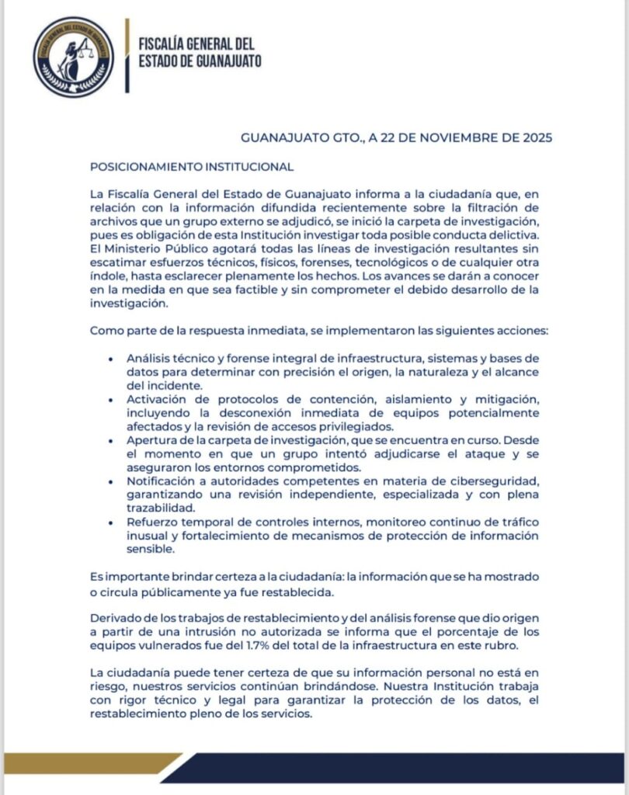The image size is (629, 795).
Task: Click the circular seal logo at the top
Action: point(73,57)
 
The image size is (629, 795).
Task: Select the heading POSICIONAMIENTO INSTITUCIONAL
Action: point(192,166)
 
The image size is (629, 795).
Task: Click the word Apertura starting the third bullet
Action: point(152,440)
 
